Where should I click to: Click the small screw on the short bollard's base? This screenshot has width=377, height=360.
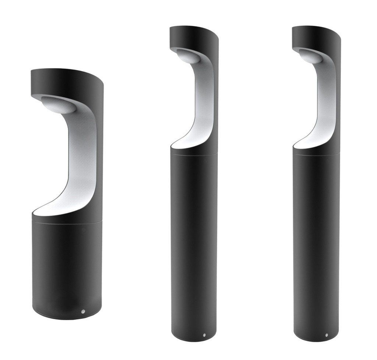(x=83, y=311)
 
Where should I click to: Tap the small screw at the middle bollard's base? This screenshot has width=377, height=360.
(x=204, y=335)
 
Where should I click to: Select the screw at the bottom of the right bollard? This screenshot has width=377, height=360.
(x=327, y=335)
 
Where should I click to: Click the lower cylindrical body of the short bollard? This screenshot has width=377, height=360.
(x=66, y=268)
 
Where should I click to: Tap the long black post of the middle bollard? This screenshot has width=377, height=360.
(x=194, y=246)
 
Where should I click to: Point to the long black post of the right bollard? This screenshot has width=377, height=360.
(x=316, y=246)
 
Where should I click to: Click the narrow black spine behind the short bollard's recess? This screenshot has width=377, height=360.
(x=100, y=154)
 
